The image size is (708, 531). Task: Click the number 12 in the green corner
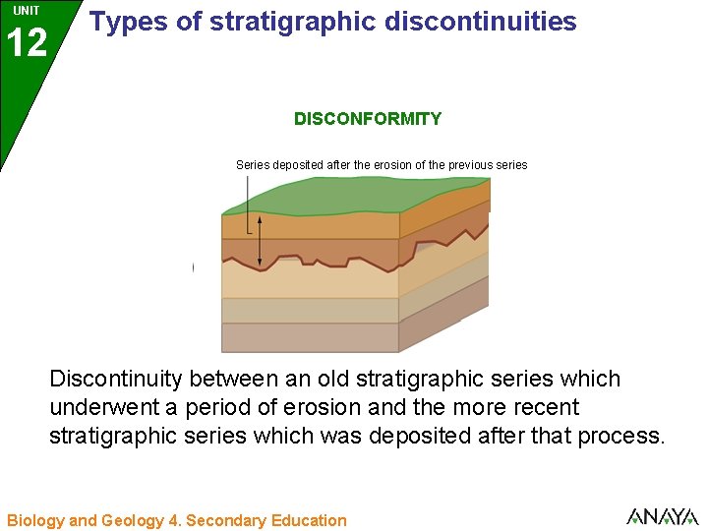27,43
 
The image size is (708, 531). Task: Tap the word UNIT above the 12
27,11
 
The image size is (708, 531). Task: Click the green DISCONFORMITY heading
368,119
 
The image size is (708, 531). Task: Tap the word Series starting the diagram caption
253,165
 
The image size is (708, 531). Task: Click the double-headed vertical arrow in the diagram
260,241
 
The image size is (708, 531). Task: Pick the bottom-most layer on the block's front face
310,337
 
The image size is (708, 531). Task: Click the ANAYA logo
662,516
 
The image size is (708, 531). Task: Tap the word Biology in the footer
35,520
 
